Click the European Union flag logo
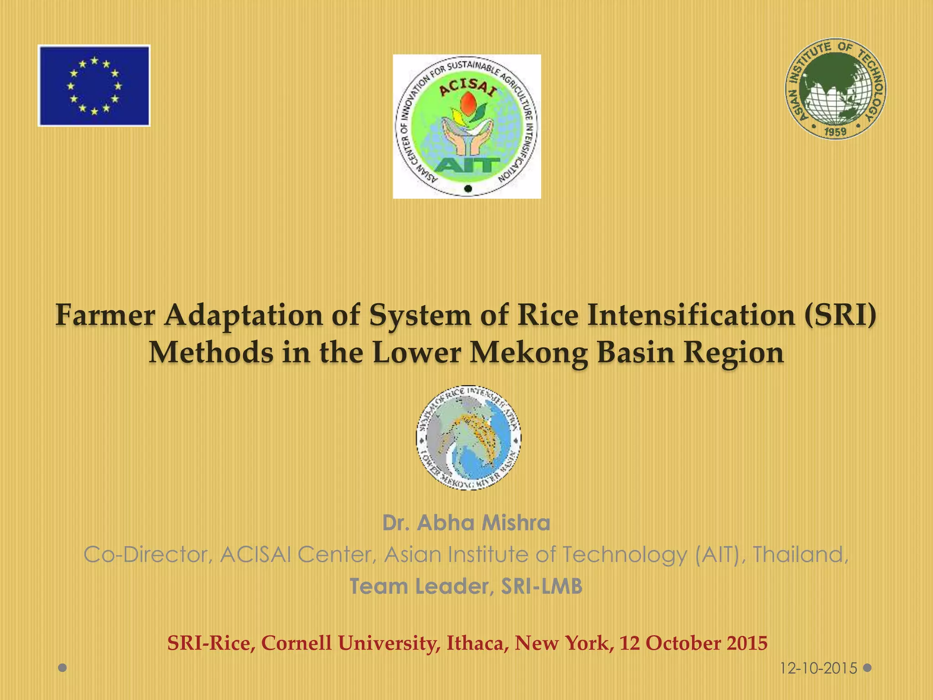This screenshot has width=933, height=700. coord(94,85)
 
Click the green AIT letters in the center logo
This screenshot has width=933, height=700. coord(466,165)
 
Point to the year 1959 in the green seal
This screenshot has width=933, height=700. coord(836,132)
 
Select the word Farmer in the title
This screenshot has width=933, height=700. coord(105,315)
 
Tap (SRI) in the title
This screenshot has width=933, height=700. coord(840,315)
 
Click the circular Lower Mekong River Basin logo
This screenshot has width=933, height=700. coord(469,438)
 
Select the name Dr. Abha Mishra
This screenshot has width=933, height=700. coord(466,523)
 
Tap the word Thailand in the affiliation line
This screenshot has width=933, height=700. coord(800,555)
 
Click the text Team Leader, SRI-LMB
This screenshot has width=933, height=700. coord(466,587)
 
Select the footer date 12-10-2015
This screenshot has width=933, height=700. coord(818,669)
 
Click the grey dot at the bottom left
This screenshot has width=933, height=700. coord(63,668)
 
